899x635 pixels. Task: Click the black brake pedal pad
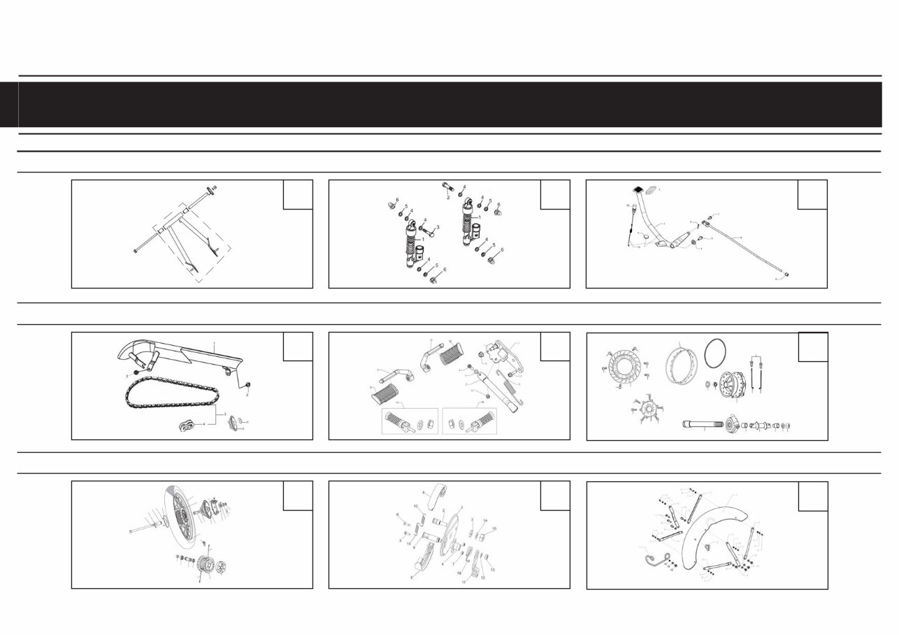pyautogui.click(x=638, y=189)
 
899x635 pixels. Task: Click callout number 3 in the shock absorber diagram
pyautogui.click(x=438, y=228)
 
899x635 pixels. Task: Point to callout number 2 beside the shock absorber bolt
pyautogui.click(x=448, y=198)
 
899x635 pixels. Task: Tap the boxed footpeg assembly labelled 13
pyautogui.click(x=409, y=421)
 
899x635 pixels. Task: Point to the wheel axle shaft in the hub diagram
pyautogui.click(x=703, y=424)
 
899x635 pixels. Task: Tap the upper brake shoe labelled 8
pyautogui.click(x=438, y=495)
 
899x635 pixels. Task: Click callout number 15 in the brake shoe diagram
pyautogui.click(x=494, y=530)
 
